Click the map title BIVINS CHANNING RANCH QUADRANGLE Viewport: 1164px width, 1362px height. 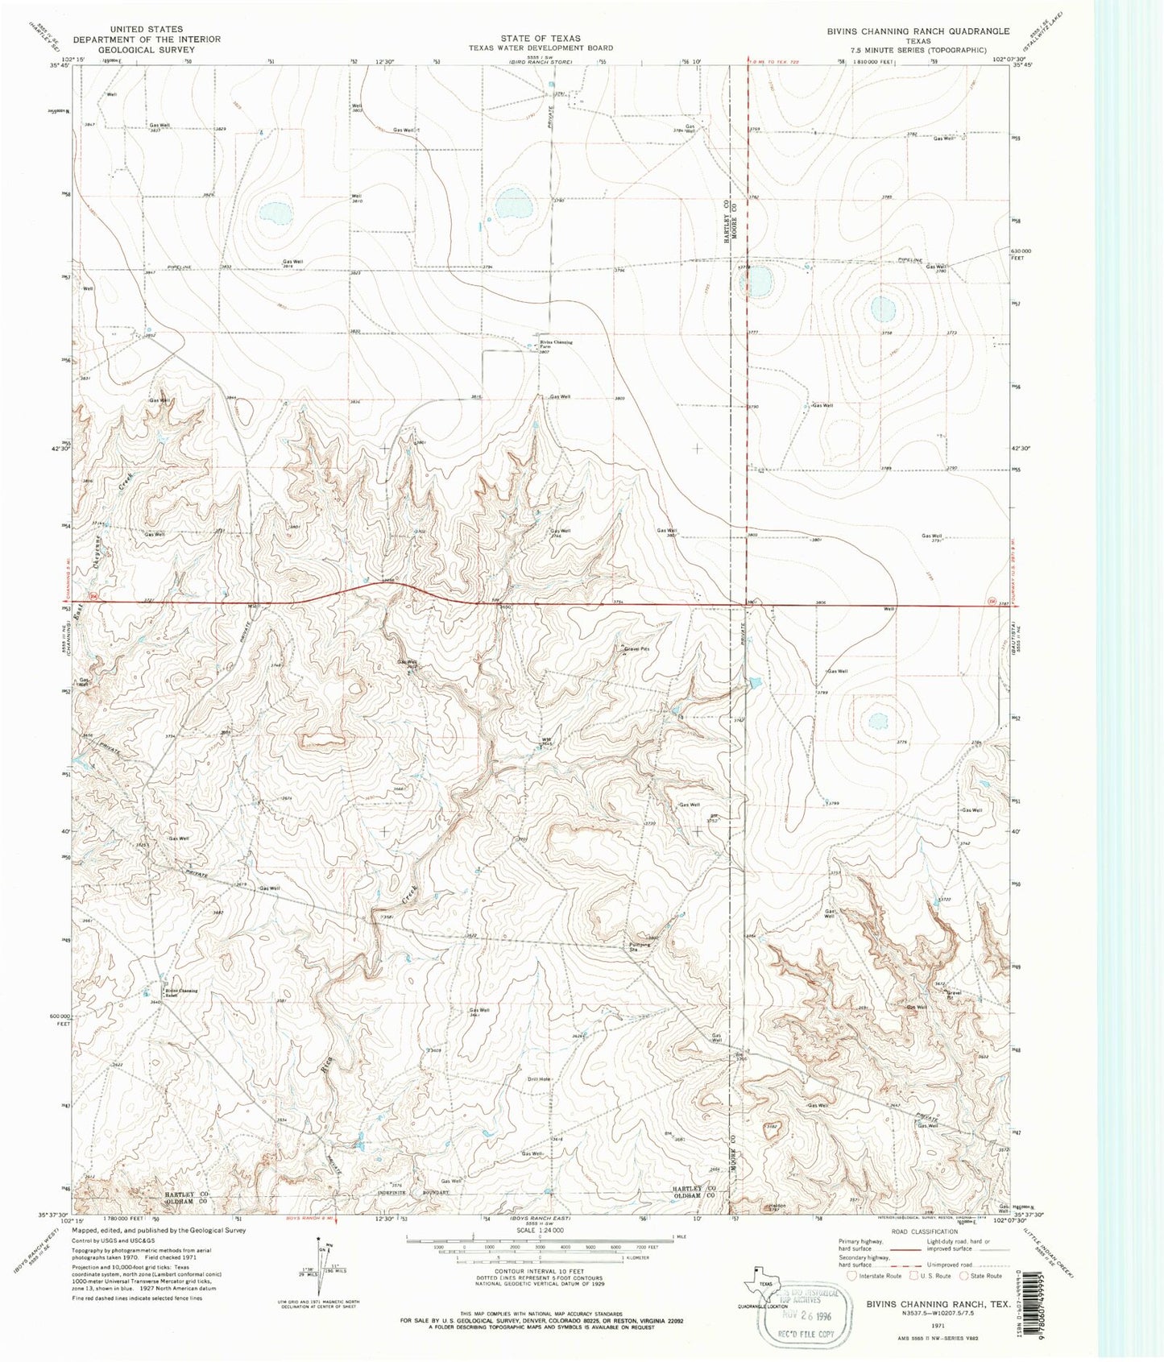point(918,31)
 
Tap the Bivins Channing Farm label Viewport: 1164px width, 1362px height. point(556,344)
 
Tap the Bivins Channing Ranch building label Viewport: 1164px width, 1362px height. point(181,992)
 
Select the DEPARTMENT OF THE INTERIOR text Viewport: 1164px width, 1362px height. point(147,39)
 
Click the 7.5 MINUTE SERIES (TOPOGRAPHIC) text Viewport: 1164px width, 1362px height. point(918,50)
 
